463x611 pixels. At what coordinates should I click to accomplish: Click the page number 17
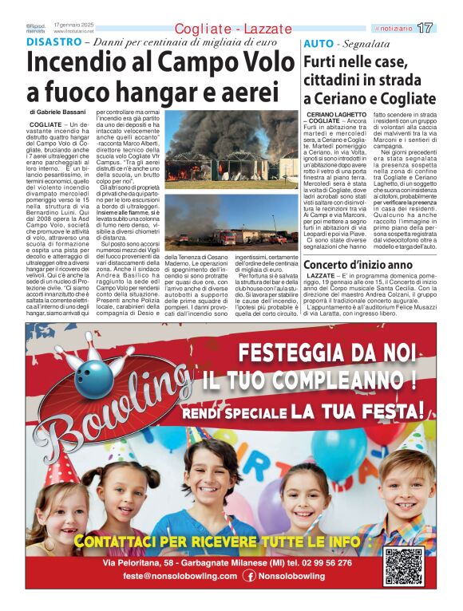click(425, 28)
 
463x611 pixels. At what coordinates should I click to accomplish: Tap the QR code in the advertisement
click(403, 566)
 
